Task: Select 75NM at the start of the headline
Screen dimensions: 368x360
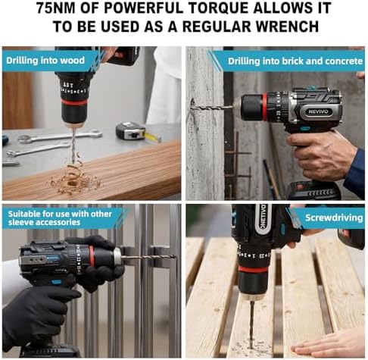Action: coord(56,8)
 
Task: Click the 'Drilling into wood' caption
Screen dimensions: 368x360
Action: coord(45,61)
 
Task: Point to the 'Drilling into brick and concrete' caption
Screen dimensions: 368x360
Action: coord(295,61)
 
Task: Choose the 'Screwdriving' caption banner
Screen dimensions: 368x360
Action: coord(334,218)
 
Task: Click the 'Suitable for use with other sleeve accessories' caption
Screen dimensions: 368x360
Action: coord(60,218)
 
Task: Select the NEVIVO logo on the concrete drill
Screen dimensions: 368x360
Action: coord(318,111)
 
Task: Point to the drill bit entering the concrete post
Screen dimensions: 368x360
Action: coord(212,108)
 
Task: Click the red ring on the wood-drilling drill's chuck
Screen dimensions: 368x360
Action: coord(74,102)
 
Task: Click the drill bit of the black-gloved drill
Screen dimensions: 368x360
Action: coord(148,257)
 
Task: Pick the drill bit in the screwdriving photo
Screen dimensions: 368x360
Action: coord(251,324)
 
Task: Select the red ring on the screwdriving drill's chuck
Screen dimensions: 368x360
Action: coord(253,269)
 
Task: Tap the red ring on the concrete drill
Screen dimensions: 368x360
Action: coord(264,107)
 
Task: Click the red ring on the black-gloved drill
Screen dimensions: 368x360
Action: coord(92,255)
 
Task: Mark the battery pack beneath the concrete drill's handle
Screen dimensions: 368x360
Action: coord(313,191)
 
